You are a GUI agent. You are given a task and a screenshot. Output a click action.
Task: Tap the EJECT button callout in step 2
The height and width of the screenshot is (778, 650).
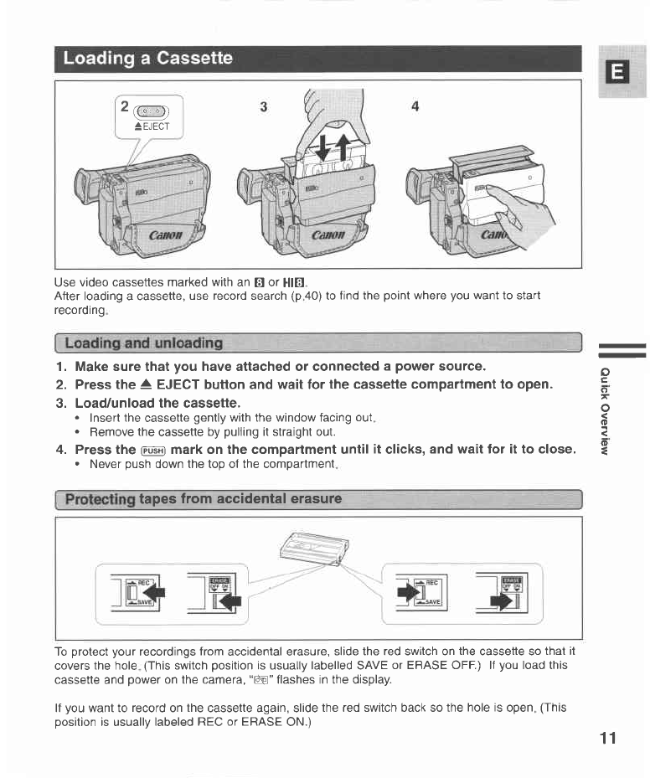[152, 116]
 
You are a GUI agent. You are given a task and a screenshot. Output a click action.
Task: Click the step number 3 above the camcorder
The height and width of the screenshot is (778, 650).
[264, 106]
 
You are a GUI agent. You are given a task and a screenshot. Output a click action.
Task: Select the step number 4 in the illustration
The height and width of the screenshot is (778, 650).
[415, 106]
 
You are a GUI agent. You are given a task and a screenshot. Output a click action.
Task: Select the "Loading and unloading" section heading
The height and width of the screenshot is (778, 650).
[143, 343]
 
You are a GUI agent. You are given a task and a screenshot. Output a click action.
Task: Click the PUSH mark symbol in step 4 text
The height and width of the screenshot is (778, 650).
[152, 450]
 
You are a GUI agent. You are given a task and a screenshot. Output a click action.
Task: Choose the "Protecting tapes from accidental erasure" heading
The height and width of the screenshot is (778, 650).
[204, 500]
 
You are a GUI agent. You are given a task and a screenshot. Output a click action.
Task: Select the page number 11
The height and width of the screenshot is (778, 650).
[607, 738]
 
